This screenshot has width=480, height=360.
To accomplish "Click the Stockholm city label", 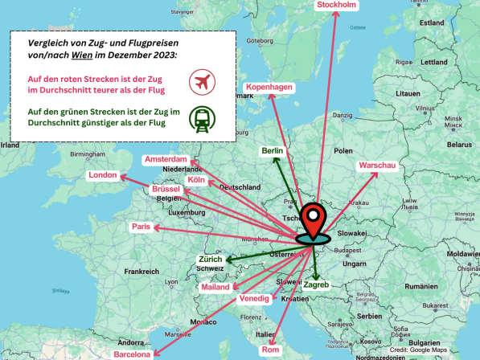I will (x=337, y=6).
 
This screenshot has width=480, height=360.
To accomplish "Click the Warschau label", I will (x=378, y=166).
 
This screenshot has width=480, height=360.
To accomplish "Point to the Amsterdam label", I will (x=166, y=159).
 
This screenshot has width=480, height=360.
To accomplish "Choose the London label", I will (x=103, y=175).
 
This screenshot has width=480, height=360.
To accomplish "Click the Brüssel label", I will (x=166, y=189).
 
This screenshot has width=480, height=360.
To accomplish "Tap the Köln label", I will (x=196, y=180).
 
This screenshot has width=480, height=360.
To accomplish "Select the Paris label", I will (x=142, y=227).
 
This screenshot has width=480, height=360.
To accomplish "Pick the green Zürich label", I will (x=211, y=260).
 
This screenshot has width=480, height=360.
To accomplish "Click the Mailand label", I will (x=215, y=287).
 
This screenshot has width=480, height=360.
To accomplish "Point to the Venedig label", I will (x=254, y=298).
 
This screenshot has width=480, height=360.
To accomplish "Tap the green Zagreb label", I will (x=316, y=284).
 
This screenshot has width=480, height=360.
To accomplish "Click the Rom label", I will (x=270, y=350).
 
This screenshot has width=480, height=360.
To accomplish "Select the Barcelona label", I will (x=132, y=354).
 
